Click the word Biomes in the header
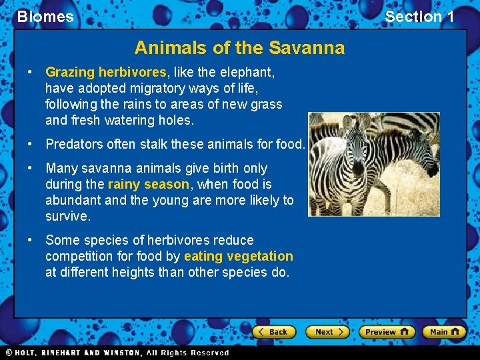click(x=45, y=17)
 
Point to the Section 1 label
click(x=419, y=17)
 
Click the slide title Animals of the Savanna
click(x=239, y=48)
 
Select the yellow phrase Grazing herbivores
click(x=105, y=72)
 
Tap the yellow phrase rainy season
click(x=148, y=184)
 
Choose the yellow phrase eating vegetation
click(x=238, y=256)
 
